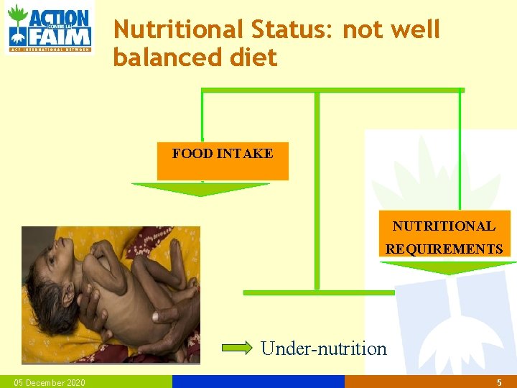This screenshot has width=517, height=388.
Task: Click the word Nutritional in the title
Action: coord(179,29)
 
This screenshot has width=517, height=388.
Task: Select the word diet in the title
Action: coord(252,57)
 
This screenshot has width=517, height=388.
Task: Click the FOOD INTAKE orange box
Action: coord(223,162)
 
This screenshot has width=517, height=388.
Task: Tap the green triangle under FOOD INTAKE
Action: coord(200,189)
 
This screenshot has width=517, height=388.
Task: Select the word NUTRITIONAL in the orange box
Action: coord(444,226)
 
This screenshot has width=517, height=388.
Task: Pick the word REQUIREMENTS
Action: coord(444,249)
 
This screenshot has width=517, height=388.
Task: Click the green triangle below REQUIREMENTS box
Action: coord(448,267)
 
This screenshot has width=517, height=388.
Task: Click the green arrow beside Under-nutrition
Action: coord(238,348)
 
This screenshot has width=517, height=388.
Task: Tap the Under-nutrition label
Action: coord(324,348)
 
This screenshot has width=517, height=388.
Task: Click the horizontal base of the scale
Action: coord(319,292)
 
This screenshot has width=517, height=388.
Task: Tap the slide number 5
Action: coord(499,383)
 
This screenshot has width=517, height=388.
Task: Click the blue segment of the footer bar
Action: coord(258,382)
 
